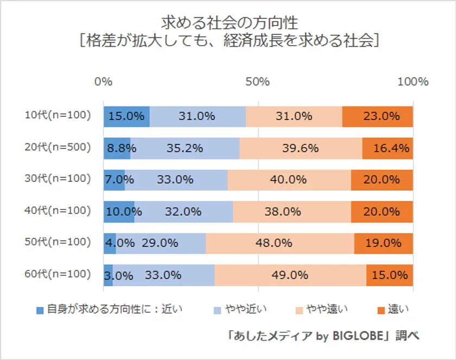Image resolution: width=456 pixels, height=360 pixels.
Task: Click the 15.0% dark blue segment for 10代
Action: pyautogui.click(x=126, y=116)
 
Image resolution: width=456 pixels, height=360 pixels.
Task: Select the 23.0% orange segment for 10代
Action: pyautogui.click(x=377, y=116)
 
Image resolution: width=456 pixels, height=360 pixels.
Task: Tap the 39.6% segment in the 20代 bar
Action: pyautogui.click(x=301, y=148)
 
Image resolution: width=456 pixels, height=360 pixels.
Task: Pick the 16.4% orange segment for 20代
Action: pyautogui.click(x=388, y=148)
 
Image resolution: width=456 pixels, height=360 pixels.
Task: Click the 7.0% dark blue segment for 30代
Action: pyautogui.click(x=114, y=180)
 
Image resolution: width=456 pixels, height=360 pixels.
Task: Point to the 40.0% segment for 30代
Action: pyautogui.click(x=289, y=180)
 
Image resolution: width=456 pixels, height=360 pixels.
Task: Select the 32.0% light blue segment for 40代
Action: pyautogui.click(x=183, y=211)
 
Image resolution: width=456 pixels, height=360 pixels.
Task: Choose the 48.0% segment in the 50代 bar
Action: pyautogui.click(x=280, y=243)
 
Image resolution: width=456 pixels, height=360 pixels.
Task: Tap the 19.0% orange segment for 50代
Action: pyautogui.click(x=383, y=243)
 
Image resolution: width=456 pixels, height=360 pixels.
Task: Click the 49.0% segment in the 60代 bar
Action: pyautogui.click(x=290, y=275)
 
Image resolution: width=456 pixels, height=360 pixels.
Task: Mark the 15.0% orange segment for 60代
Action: pyautogui.click(x=389, y=275)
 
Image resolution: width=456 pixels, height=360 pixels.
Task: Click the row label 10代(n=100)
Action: pyautogui.click(x=57, y=115)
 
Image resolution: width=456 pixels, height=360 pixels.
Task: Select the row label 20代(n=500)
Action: pyautogui.click(x=57, y=147)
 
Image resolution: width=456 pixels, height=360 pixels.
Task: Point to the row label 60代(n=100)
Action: pyautogui.click(x=57, y=274)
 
